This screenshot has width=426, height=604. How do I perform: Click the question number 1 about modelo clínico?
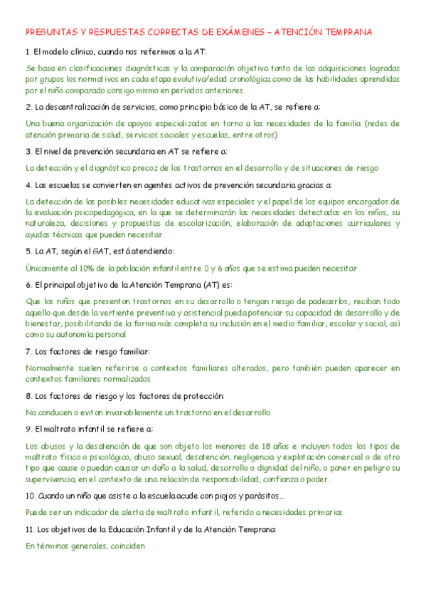[x=27, y=52]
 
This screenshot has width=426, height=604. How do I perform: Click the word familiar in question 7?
[x=132, y=352]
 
